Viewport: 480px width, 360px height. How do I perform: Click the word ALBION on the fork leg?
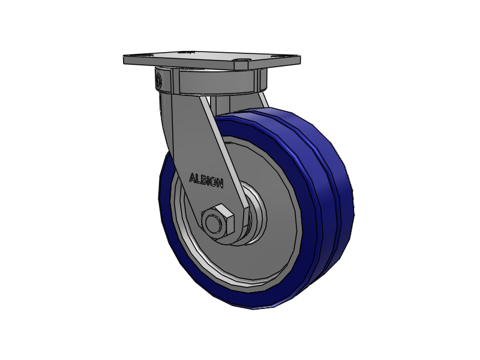pyautogui.click(x=206, y=181)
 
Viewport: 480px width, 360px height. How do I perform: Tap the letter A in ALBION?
pyautogui.click(x=193, y=178)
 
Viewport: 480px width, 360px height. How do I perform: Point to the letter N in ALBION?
pyautogui.click(x=220, y=184)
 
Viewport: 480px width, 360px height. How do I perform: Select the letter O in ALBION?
pyautogui.click(x=213, y=182)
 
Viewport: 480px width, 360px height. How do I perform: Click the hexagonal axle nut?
pyautogui.click(x=218, y=221)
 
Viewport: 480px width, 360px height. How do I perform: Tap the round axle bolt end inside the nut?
pyautogui.click(x=212, y=223)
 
